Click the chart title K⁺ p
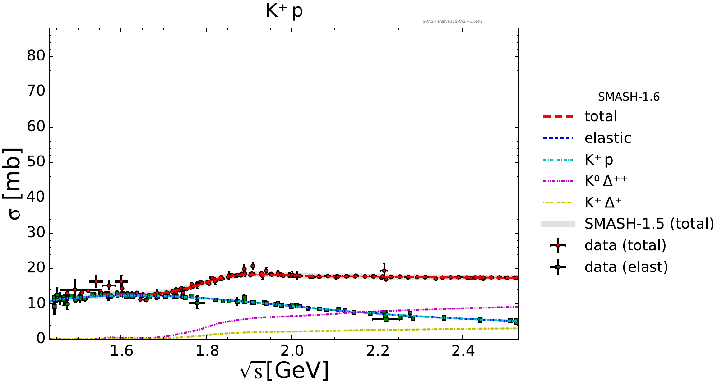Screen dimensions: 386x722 coord(284,11)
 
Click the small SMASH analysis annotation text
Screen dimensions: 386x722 coord(452,21)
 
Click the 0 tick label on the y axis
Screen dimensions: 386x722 coord(42,339)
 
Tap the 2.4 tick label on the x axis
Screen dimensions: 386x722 coord(463,351)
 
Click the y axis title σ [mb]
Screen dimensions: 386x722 coord(14,184)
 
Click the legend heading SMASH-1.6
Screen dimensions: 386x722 coord(629,97)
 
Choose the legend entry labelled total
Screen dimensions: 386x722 coord(601,116)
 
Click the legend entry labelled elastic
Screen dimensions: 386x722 coord(607,138)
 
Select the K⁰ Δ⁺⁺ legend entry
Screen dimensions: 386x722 coord(606,181)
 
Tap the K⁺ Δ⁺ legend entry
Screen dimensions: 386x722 coord(603,202)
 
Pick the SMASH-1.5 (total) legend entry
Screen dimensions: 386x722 coord(649,224)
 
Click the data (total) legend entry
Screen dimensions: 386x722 coord(625,245)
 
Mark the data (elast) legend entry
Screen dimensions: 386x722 coord(626,267)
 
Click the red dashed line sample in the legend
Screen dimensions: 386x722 coord(558,117)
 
